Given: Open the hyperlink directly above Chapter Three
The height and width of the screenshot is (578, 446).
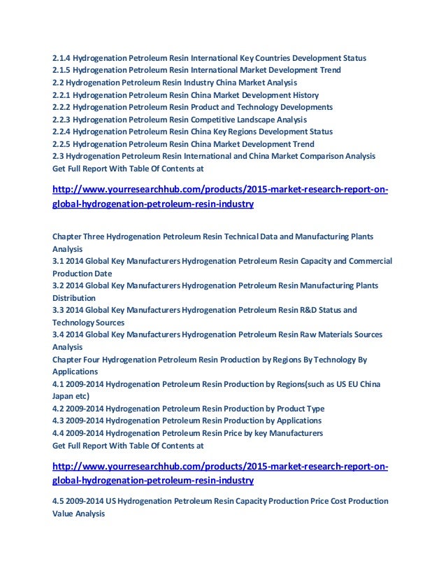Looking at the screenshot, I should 221,197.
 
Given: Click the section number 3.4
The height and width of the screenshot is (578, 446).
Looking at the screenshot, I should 58,334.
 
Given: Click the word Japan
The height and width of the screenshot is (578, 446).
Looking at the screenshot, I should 64,396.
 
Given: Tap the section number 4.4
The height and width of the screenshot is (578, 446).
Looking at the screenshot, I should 58,433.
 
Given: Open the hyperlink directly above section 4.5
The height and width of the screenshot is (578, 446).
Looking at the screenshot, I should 221,474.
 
